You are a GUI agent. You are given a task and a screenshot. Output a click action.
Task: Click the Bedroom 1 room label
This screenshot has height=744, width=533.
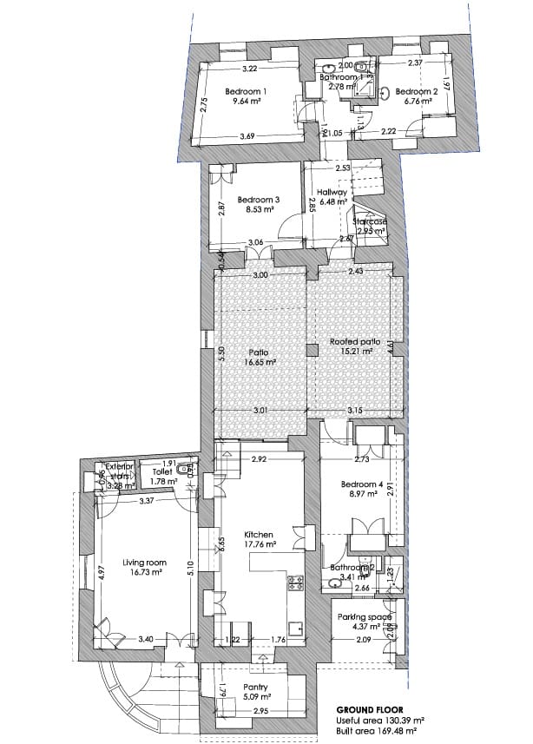click(x=246, y=91)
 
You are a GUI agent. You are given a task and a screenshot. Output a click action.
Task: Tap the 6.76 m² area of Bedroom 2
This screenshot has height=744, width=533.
click(x=413, y=101)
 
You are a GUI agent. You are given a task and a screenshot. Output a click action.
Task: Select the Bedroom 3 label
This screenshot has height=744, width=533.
click(x=258, y=199)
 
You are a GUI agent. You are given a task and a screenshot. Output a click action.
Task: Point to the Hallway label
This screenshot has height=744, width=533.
click(x=332, y=192)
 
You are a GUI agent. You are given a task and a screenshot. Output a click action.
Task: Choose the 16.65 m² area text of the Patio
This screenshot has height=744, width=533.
click(x=259, y=363)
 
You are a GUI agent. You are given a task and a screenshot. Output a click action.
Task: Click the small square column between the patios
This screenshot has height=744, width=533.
click(x=311, y=350)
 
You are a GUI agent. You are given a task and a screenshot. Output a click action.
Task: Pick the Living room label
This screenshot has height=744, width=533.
click(x=144, y=563)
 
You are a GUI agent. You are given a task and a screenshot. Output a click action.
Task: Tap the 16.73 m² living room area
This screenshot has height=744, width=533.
click(x=144, y=573)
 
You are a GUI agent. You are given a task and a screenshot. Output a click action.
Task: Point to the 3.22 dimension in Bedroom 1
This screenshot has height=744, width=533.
click(x=251, y=69)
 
